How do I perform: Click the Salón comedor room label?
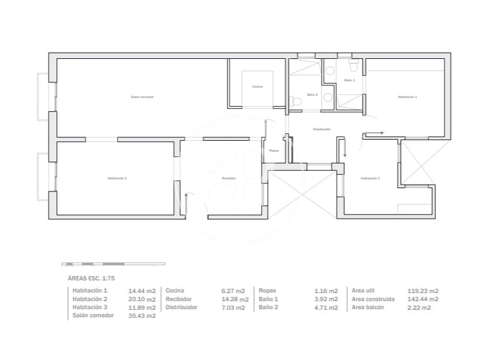tap(142, 97)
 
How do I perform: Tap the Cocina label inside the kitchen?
tap(257, 87)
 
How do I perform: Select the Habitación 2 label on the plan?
tap(117, 178)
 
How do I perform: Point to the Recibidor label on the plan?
tap(229, 178)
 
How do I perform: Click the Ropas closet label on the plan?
tap(274, 151)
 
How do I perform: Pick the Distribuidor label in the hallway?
tap(322, 129)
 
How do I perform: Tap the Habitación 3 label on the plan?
tap(370, 178)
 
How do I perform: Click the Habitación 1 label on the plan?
tap(407, 97)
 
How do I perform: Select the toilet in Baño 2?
tap(297, 102)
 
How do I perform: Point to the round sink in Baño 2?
tap(328, 97)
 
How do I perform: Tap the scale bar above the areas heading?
tap(113, 264)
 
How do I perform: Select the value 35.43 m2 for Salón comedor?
tap(142, 316)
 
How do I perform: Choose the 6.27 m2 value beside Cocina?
tap(233, 291)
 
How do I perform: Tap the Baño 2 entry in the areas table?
tap(268, 307)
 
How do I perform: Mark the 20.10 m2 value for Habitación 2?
tap(142, 299)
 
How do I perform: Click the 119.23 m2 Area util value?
tap(423, 291)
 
